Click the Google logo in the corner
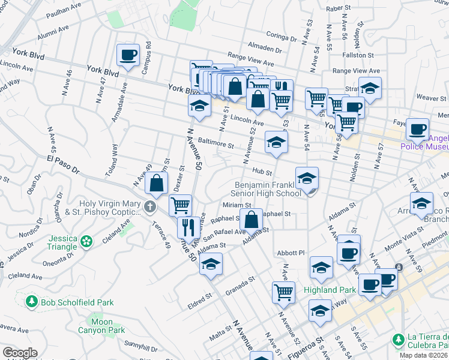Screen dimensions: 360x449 (19, 352)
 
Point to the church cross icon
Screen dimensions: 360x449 (150, 208)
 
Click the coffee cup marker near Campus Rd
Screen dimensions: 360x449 (128, 55)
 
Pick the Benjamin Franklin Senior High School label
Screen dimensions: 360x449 (267, 189)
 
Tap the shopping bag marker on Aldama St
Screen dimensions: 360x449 (253, 219)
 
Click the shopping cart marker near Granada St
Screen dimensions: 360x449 (283, 292)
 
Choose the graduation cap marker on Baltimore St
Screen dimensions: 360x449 (276, 142)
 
